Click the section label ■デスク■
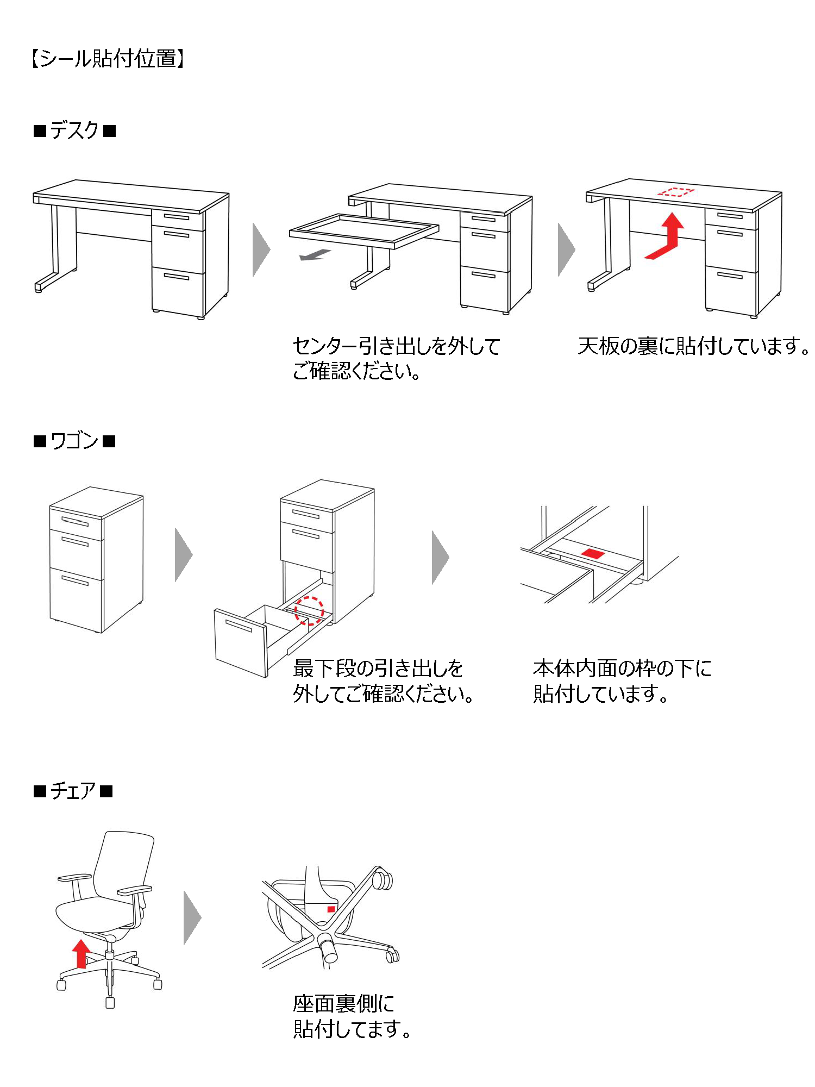point(75,131)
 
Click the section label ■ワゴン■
point(74,441)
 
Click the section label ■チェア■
point(73,791)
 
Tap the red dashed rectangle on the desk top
point(676,192)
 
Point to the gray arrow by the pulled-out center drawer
point(315,254)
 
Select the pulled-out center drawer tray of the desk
point(364,230)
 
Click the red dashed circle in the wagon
point(309,610)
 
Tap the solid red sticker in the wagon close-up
point(593,554)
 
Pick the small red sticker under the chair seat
point(331,909)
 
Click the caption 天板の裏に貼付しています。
point(693,346)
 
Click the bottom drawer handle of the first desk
point(177,277)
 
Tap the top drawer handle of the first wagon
point(75,522)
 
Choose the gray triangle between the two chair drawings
point(192,917)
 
